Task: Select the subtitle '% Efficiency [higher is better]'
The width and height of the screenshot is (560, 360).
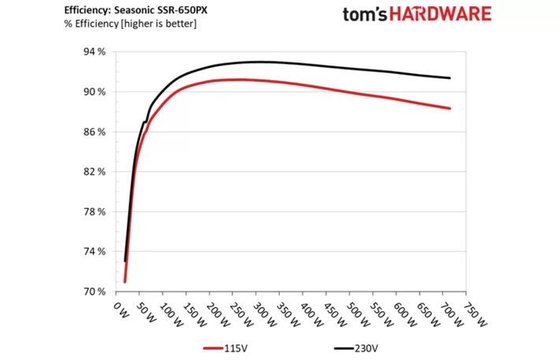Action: click(x=131, y=24)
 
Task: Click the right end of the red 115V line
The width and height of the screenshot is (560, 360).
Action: click(x=450, y=109)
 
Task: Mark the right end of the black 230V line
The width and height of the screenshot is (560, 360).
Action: click(x=450, y=78)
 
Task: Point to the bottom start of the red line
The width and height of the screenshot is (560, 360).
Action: click(x=124, y=281)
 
